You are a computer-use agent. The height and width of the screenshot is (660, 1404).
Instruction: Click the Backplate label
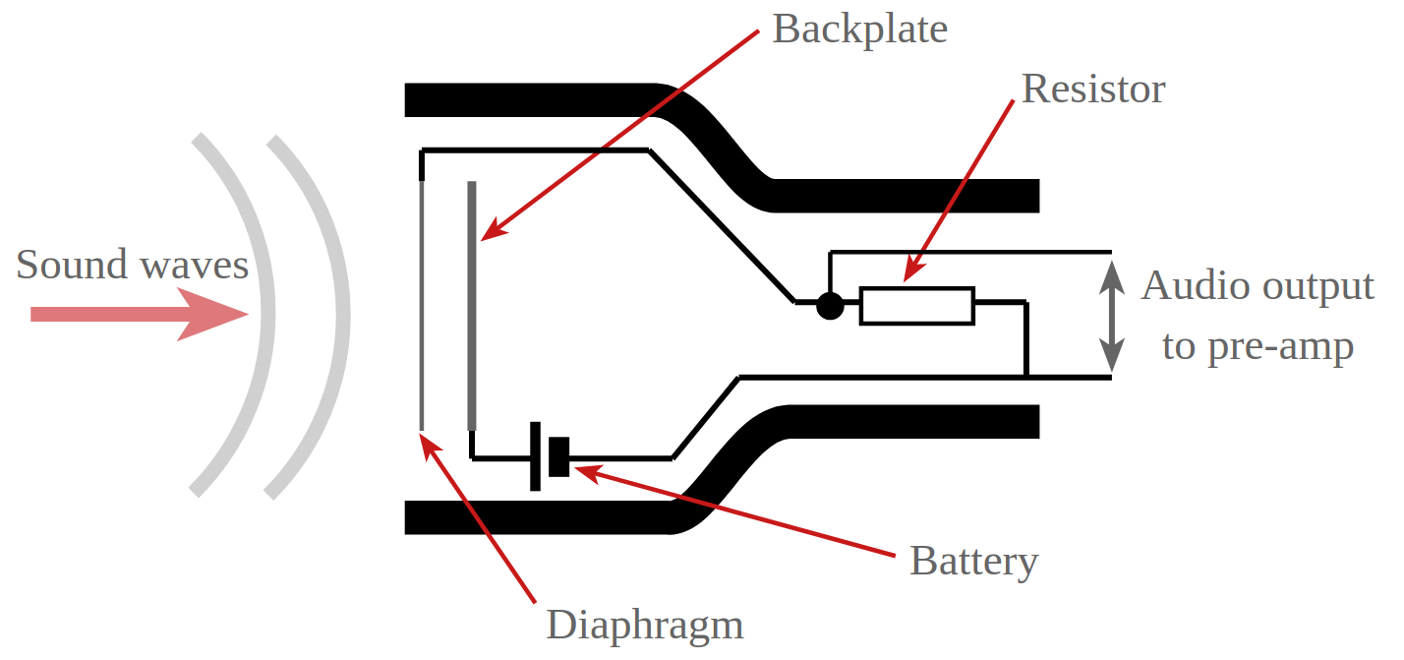tap(859, 30)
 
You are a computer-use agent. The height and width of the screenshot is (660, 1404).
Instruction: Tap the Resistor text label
tap(1093, 90)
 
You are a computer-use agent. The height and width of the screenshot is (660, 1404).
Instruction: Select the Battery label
tap(973, 561)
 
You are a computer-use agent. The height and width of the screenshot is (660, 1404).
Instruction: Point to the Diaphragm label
tap(644, 625)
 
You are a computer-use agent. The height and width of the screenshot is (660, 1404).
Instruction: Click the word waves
tap(193, 266)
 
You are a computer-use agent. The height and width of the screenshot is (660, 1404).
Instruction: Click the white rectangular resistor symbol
tap(916, 306)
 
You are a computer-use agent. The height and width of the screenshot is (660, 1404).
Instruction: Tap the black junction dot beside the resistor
tap(830, 306)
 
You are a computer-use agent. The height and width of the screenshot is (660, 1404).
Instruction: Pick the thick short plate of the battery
tap(559, 457)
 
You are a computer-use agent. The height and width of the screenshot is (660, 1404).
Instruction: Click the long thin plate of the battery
tap(535, 455)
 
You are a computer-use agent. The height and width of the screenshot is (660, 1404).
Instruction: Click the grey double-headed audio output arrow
tap(1111, 314)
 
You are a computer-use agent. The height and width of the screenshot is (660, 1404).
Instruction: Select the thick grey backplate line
tap(472, 305)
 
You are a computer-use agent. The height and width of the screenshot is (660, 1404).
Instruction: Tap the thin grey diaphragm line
tap(421, 305)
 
